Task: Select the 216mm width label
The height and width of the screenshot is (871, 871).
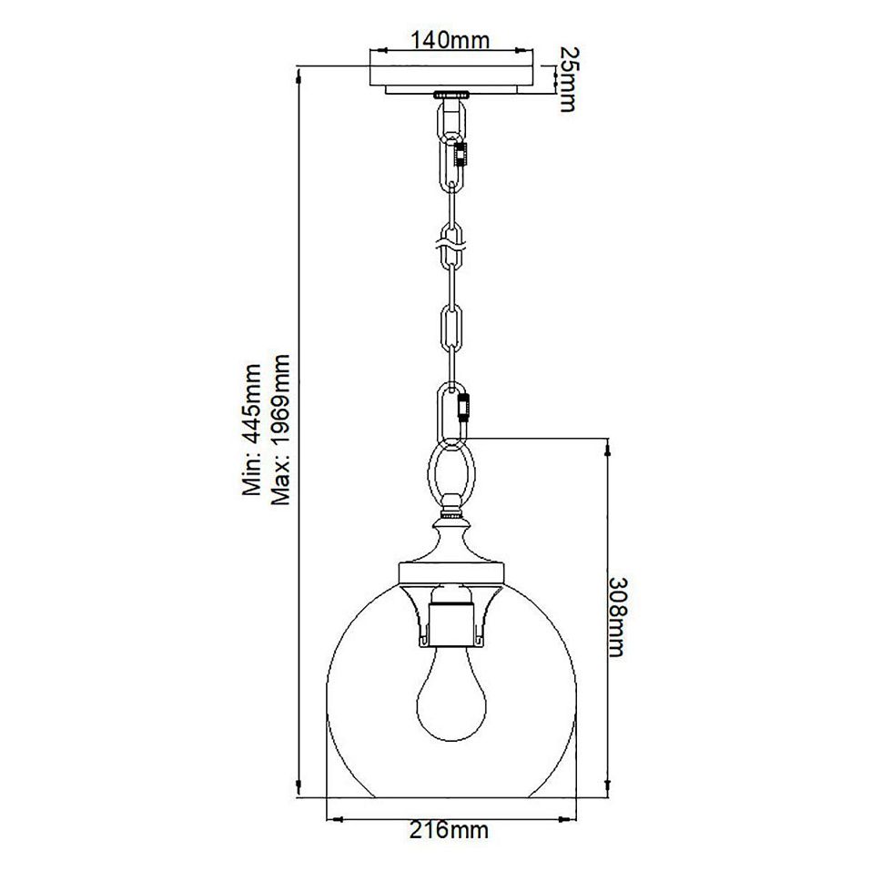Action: coord(451,829)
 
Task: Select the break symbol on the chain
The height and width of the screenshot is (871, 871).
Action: coord(451,244)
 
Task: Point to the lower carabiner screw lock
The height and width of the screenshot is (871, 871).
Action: coord(467,405)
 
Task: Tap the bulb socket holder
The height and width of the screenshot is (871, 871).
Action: coord(451,618)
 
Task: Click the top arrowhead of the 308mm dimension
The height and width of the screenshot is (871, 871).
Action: coord(608,443)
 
